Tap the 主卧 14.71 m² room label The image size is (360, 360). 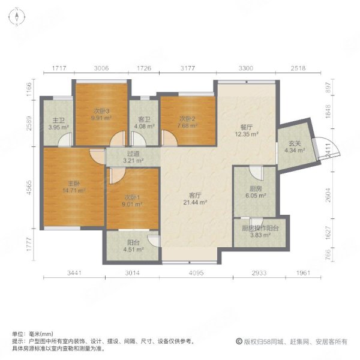pos(73,187)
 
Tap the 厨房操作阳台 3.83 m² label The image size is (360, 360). pos(254,231)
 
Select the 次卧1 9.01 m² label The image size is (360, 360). pos(133,199)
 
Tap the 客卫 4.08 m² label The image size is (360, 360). pos(144,122)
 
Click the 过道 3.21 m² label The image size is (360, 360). pos(133,157)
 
